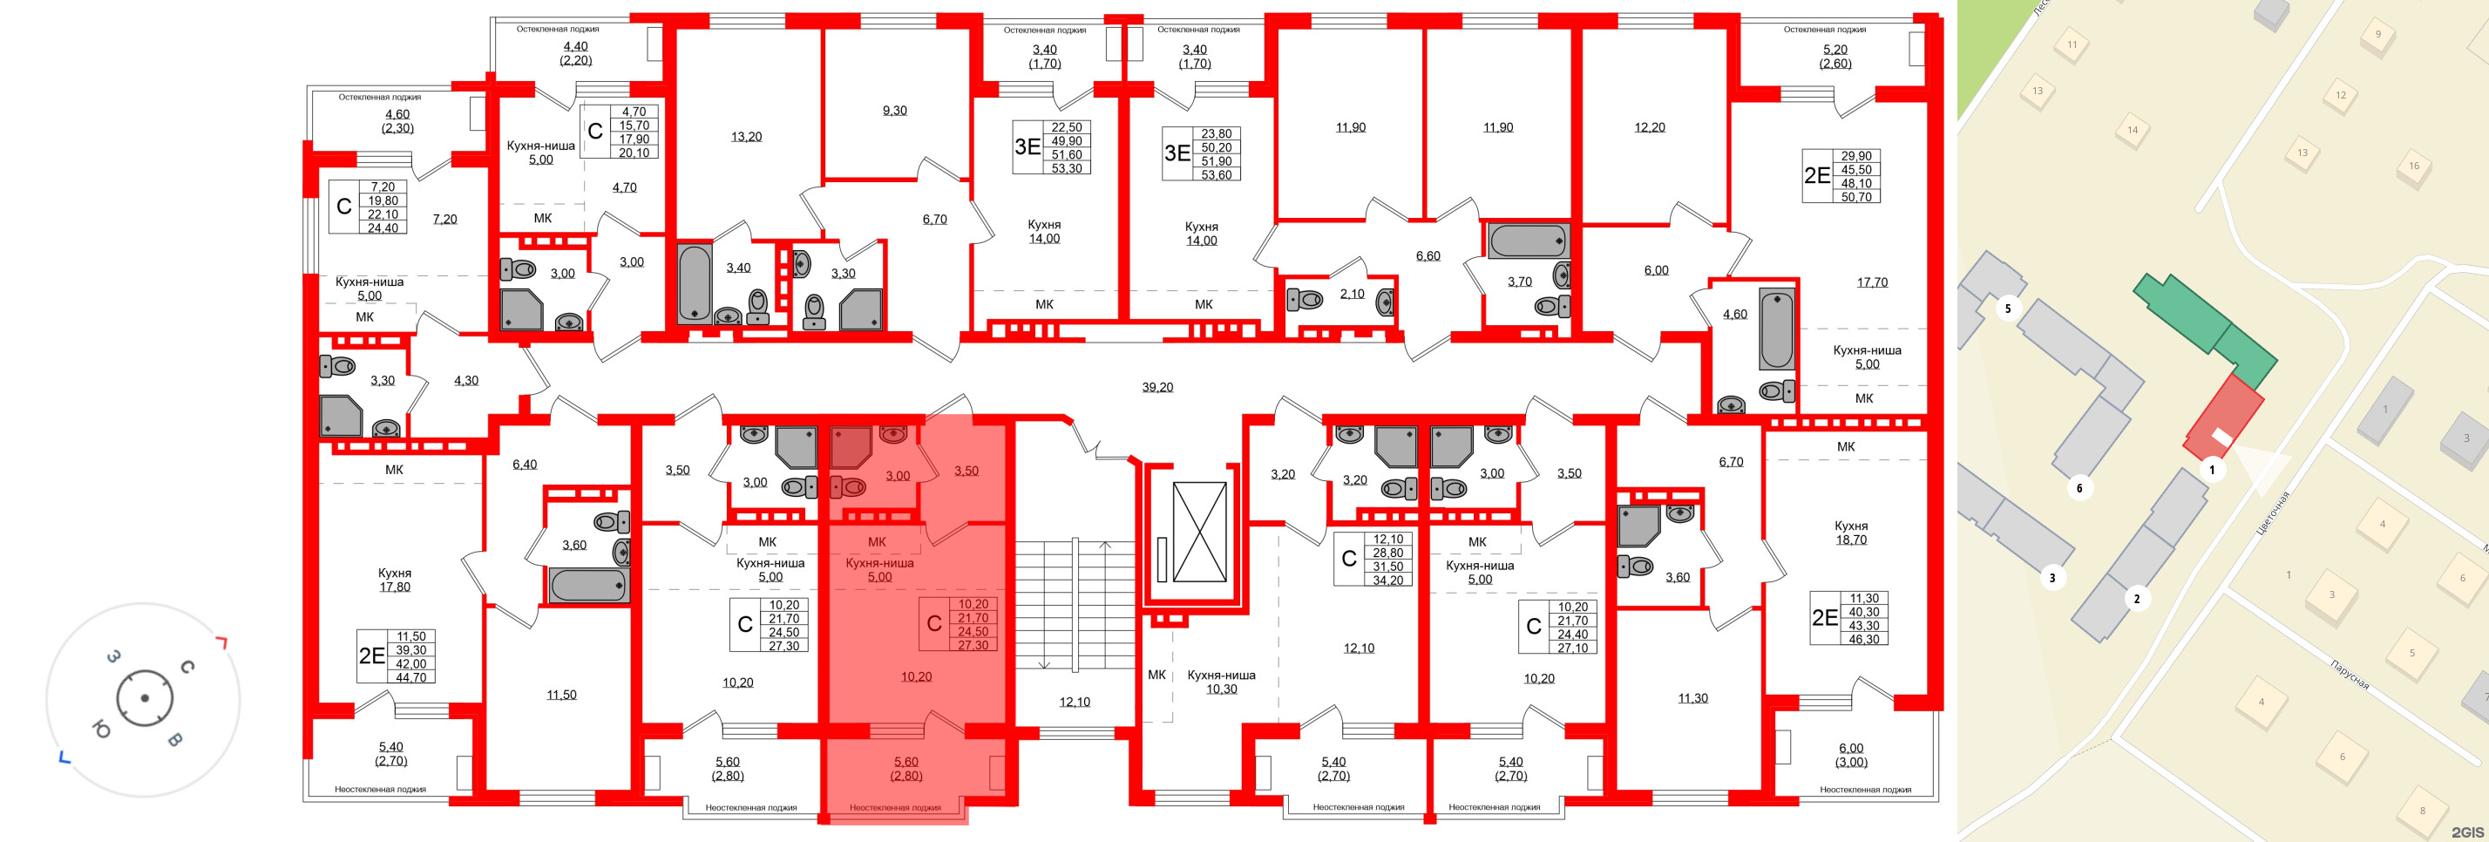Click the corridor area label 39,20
coord(1156,387)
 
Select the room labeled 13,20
coord(746,136)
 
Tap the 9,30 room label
coord(894,110)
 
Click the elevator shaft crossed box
coord(1198,532)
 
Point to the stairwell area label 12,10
coord(1074,702)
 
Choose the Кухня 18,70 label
coord(1850,533)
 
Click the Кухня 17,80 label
coord(394,580)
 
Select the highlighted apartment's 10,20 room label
coord(915,676)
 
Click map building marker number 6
coord(2079,488)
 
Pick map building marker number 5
coord(2008,309)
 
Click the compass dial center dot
coord(144,698)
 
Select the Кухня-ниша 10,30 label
coord(1220,682)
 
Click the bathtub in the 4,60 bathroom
coord(1776,329)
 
